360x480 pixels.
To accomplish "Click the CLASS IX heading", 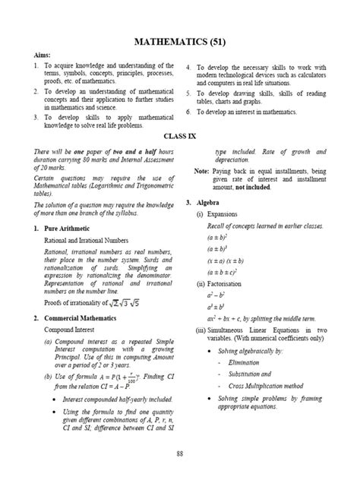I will [180, 135].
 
